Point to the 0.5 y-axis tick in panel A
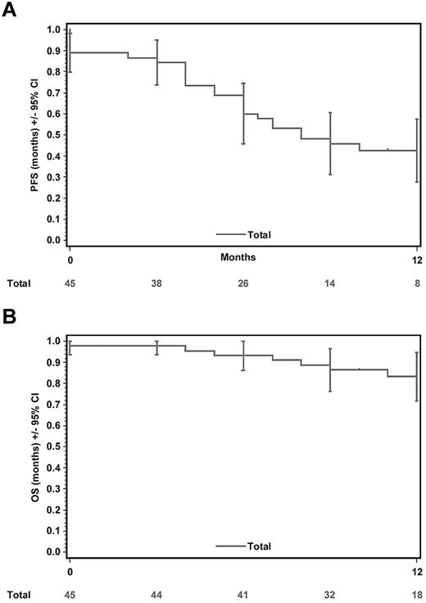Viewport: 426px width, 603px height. (52, 134)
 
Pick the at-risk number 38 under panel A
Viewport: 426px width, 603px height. (156, 283)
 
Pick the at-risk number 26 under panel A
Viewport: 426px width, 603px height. (243, 283)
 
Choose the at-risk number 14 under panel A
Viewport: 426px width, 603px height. (330, 283)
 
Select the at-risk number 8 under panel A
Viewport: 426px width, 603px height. (416, 283)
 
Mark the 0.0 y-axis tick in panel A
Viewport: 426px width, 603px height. (52, 240)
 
